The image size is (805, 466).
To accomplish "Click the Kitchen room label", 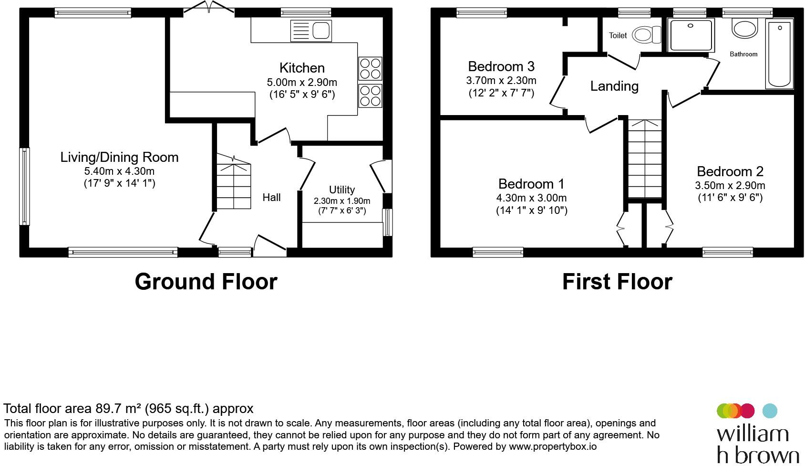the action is click(302, 68).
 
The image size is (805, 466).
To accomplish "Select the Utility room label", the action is click(342, 190).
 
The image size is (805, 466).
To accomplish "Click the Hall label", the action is click(271, 197).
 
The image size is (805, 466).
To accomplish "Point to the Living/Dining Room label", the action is click(119, 157).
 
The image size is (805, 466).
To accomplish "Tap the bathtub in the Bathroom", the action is click(779, 53).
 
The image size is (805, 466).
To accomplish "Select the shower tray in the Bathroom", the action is click(691, 35).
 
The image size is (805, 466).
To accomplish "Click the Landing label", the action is click(614, 86).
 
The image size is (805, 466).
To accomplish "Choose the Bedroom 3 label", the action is click(501, 66).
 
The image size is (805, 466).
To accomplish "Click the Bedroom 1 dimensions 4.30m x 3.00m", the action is click(532, 198).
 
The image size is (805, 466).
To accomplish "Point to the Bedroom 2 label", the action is click(730, 171).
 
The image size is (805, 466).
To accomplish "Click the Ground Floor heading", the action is click(206, 282).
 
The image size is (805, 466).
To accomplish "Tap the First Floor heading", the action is click(617, 282).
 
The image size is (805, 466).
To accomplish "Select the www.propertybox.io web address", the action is click(553, 447).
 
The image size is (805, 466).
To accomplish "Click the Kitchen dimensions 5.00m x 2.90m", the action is click(302, 83).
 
